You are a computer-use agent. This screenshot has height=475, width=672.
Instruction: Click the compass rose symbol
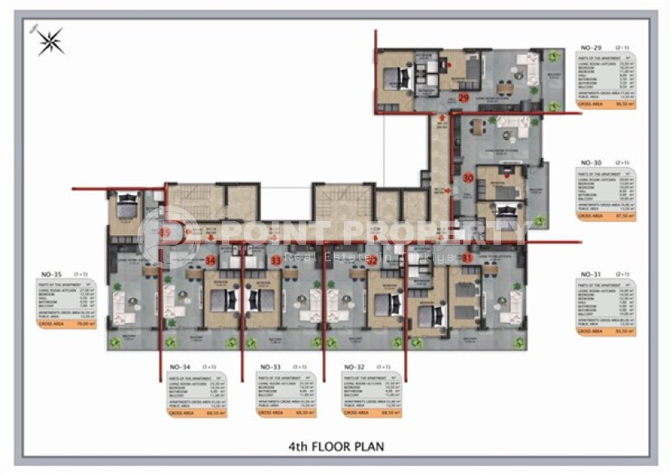[x=52, y=41]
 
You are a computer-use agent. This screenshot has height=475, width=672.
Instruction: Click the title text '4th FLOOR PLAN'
[x=336, y=446]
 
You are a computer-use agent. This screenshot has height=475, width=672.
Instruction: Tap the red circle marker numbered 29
[x=463, y=98]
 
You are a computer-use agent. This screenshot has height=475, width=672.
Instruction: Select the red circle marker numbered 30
[x=468, y=177]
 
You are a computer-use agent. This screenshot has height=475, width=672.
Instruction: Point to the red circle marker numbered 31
[x=467, y=258]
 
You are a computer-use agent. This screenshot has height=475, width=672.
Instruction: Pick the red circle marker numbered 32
[x=372, y=260]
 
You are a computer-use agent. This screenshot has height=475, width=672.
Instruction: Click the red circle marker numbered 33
[x=276, y=260]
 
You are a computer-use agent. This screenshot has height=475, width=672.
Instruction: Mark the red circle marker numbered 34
[x=210, y=260]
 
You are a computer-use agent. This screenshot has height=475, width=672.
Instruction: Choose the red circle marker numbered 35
[x=166, y=233]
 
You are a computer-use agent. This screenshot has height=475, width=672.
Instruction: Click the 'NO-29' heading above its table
[x=591, y=49]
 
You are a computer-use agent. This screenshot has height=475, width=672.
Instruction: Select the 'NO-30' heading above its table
[x=591, y=163]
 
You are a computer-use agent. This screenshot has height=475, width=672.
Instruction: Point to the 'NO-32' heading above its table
[x=354, y=367]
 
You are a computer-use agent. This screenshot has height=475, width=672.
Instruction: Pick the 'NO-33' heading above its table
[x=270, y=367]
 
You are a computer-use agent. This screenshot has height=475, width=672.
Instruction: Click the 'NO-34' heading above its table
[x=180, y=367]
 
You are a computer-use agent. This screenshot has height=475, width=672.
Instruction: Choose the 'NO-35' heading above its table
[x=52, y=275]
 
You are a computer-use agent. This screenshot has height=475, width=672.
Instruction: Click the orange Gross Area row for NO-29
[x=607, y=105]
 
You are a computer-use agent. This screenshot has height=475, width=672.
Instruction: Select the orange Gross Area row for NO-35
[x=66, y=323]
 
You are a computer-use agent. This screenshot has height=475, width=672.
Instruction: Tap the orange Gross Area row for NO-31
[x=607, y=330]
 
